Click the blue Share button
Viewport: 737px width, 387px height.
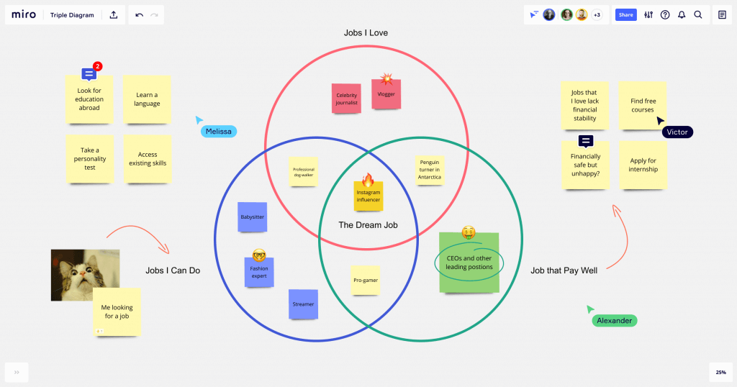[625, 14]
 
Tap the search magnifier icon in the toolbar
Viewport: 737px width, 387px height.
[697, 14]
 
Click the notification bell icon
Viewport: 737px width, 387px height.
[681, 14]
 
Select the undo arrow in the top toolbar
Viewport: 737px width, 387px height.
[139, 14]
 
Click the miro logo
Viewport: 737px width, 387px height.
[24, 14]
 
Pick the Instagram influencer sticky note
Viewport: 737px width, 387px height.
[368, 196]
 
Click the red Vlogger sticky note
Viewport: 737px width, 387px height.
[386, 94]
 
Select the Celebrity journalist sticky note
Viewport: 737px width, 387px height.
[347, 99]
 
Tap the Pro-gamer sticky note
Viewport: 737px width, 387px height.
[366, 280]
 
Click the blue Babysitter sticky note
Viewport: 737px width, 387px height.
[252, 217]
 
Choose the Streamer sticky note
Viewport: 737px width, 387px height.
[303, 304]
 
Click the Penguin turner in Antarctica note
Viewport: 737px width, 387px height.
[429, 170]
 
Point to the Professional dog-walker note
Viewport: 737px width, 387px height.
[303, 172]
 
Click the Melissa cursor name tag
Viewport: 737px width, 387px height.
[219, 132]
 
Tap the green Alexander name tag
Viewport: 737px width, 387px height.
[615, 321]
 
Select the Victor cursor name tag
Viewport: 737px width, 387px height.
[677, 132]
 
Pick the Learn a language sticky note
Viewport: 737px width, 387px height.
[147, 99]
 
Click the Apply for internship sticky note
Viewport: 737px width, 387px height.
[643, 165]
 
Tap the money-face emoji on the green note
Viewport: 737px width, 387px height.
[469, 232]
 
